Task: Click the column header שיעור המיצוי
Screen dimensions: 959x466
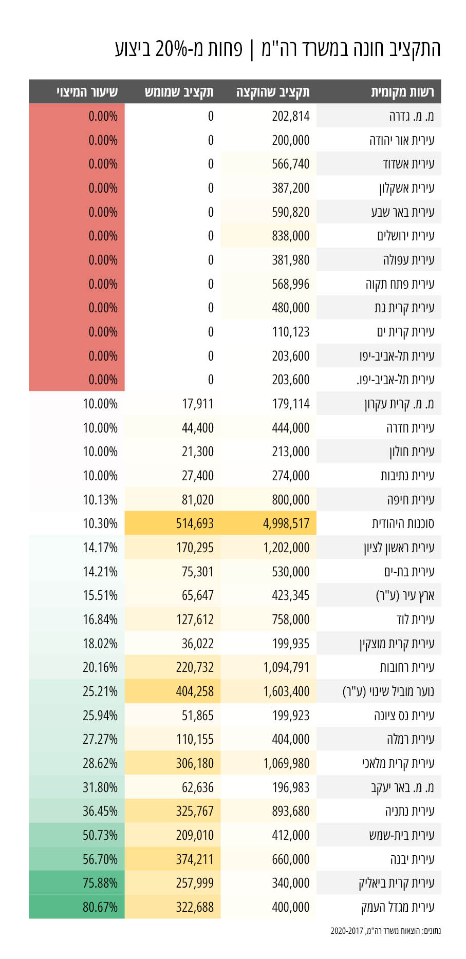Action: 87,92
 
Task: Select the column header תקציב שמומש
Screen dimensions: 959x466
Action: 179,92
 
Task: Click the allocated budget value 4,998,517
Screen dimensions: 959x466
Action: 286,523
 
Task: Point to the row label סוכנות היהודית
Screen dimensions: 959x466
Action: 403,523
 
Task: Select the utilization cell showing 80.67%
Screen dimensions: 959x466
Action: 100,907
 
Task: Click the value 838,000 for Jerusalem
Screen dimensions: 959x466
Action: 291,236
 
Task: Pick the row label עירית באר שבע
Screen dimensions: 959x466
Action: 403,212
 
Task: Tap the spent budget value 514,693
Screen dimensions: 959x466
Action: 195,523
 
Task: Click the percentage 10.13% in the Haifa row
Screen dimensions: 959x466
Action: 100,499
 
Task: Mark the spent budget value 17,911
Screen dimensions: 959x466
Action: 198,404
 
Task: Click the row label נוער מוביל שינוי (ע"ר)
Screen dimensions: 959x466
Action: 388,691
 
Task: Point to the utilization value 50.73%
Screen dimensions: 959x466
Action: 100,835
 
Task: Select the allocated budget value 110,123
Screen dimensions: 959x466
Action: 291,332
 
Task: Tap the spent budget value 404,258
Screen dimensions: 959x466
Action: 195,691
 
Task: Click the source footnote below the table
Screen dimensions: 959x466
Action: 385,931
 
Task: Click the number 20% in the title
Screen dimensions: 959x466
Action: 172,49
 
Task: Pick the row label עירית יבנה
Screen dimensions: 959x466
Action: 412,859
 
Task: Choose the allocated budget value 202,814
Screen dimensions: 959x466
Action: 291,116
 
